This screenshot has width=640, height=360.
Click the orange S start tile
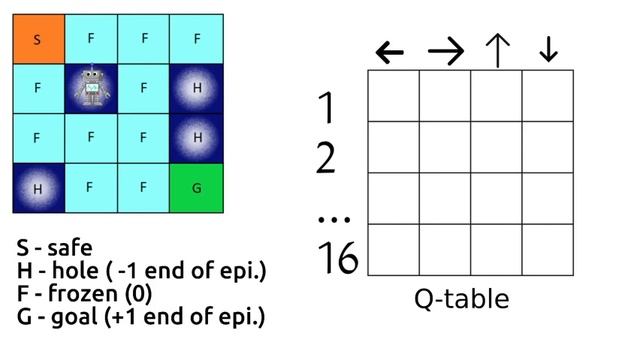[x=37, y=39]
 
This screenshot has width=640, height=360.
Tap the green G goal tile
[x=196, y=186]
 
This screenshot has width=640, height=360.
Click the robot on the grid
[x=91, y=87]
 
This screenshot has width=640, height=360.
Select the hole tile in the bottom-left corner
[x=37, y=186]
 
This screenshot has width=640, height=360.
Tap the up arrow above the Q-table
[x=497, y=51]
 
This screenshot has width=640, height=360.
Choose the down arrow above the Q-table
[x=547, y=51]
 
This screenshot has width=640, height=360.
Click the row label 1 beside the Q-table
[x=328, y=106]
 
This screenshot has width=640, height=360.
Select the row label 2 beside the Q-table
[x=328, y=158]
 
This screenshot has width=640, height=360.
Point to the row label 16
[x=337, y=259]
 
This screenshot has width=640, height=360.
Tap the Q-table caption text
[x=461, y=299]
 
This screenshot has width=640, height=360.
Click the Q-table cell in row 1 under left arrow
[x=393, y=95]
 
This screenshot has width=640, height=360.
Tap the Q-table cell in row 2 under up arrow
[x=496, y=147]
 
